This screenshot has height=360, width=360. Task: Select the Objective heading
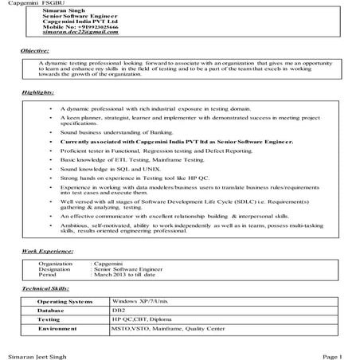(x=34, y=50)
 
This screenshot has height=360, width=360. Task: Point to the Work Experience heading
(x=46, y=252)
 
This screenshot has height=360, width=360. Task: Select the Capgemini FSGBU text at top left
(x=24, y=4)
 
